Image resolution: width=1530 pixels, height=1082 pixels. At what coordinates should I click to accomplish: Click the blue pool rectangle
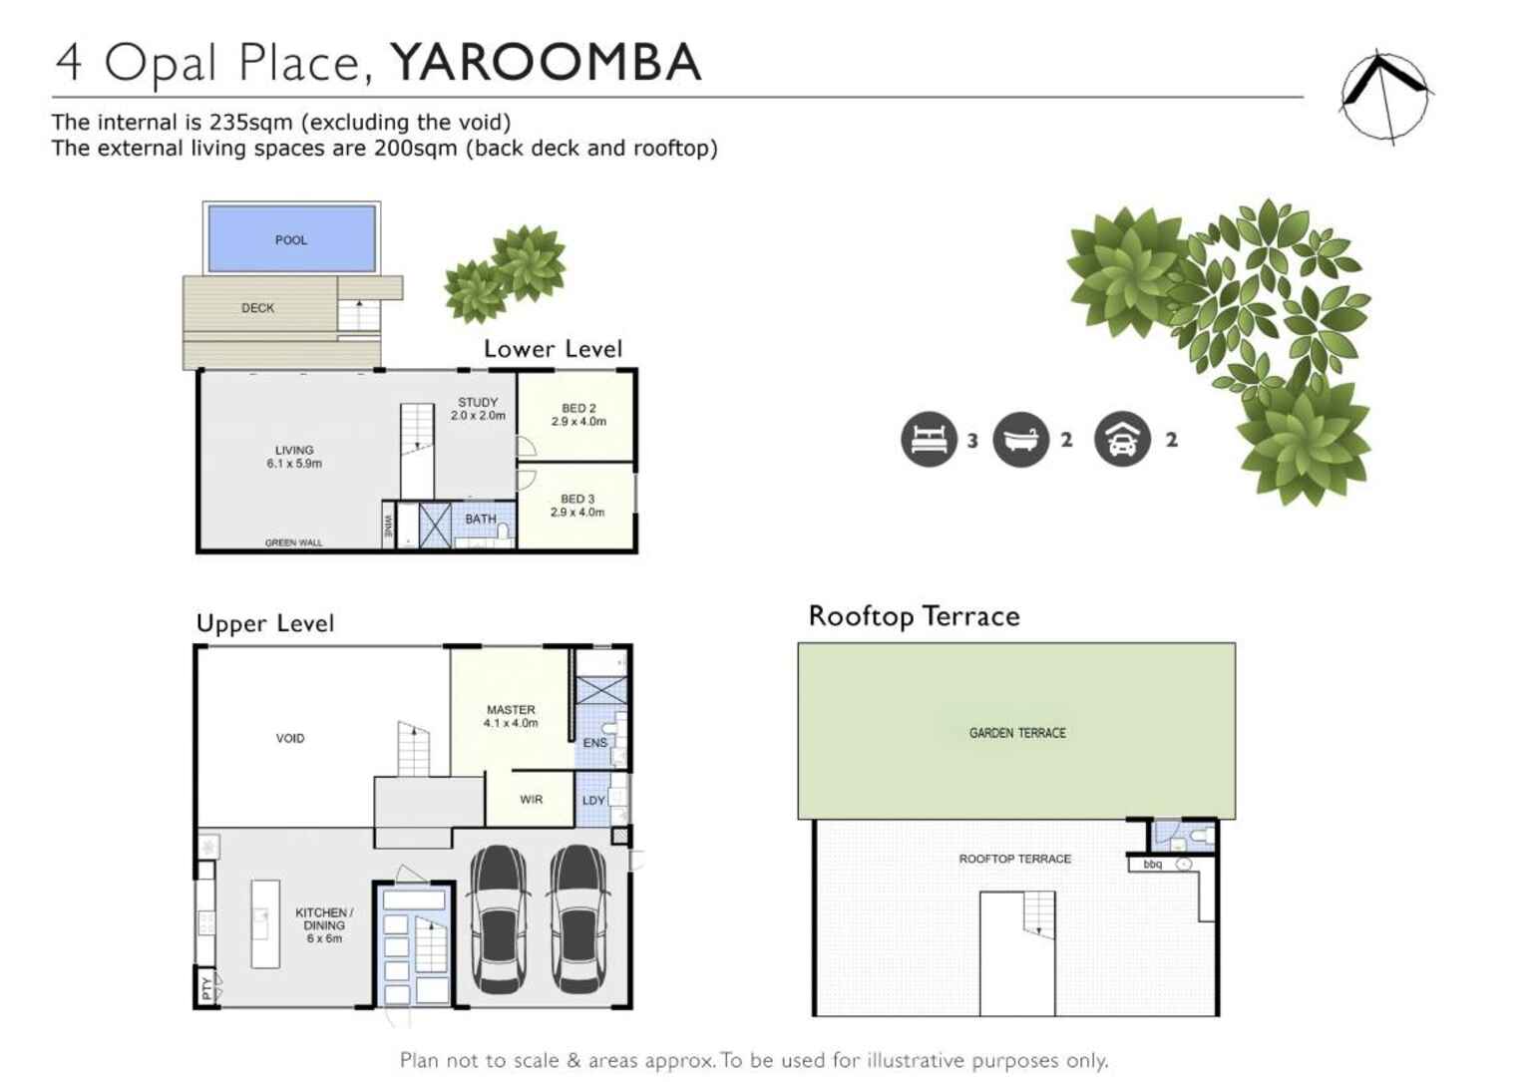291,239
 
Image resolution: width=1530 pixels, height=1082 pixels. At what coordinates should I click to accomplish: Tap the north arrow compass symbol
1384,96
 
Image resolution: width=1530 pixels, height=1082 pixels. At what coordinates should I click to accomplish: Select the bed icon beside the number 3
929,440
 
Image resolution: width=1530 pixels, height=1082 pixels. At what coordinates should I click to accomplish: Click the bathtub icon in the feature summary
1020,440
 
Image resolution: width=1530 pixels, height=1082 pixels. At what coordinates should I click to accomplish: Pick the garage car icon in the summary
1122,440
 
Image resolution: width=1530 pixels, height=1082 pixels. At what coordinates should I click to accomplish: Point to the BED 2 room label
578,415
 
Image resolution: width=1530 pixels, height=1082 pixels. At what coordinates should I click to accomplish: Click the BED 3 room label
577,506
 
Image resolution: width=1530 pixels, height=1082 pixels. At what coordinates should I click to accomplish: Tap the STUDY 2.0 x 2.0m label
478,409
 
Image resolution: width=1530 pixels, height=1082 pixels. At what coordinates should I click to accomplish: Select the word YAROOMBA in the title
546,62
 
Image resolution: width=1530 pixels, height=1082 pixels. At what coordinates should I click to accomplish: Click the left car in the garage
499,918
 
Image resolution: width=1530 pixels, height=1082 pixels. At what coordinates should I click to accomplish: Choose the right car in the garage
578,918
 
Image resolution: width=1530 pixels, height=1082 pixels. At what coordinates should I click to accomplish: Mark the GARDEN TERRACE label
1017,733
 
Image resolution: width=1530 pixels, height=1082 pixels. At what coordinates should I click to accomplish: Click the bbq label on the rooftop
1153,865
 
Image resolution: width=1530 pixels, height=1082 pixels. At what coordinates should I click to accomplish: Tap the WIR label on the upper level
531,800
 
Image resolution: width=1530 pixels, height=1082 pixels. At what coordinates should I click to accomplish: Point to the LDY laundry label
593,801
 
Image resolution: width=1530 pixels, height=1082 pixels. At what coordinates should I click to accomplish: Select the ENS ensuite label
594,743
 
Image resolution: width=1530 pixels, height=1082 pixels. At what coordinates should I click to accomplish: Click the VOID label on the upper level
290,739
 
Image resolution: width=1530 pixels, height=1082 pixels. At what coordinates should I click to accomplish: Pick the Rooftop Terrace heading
914,616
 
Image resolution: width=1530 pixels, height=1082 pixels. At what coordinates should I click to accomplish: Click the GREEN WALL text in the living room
293,542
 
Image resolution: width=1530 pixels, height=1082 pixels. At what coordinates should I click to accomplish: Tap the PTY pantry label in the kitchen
206,988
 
